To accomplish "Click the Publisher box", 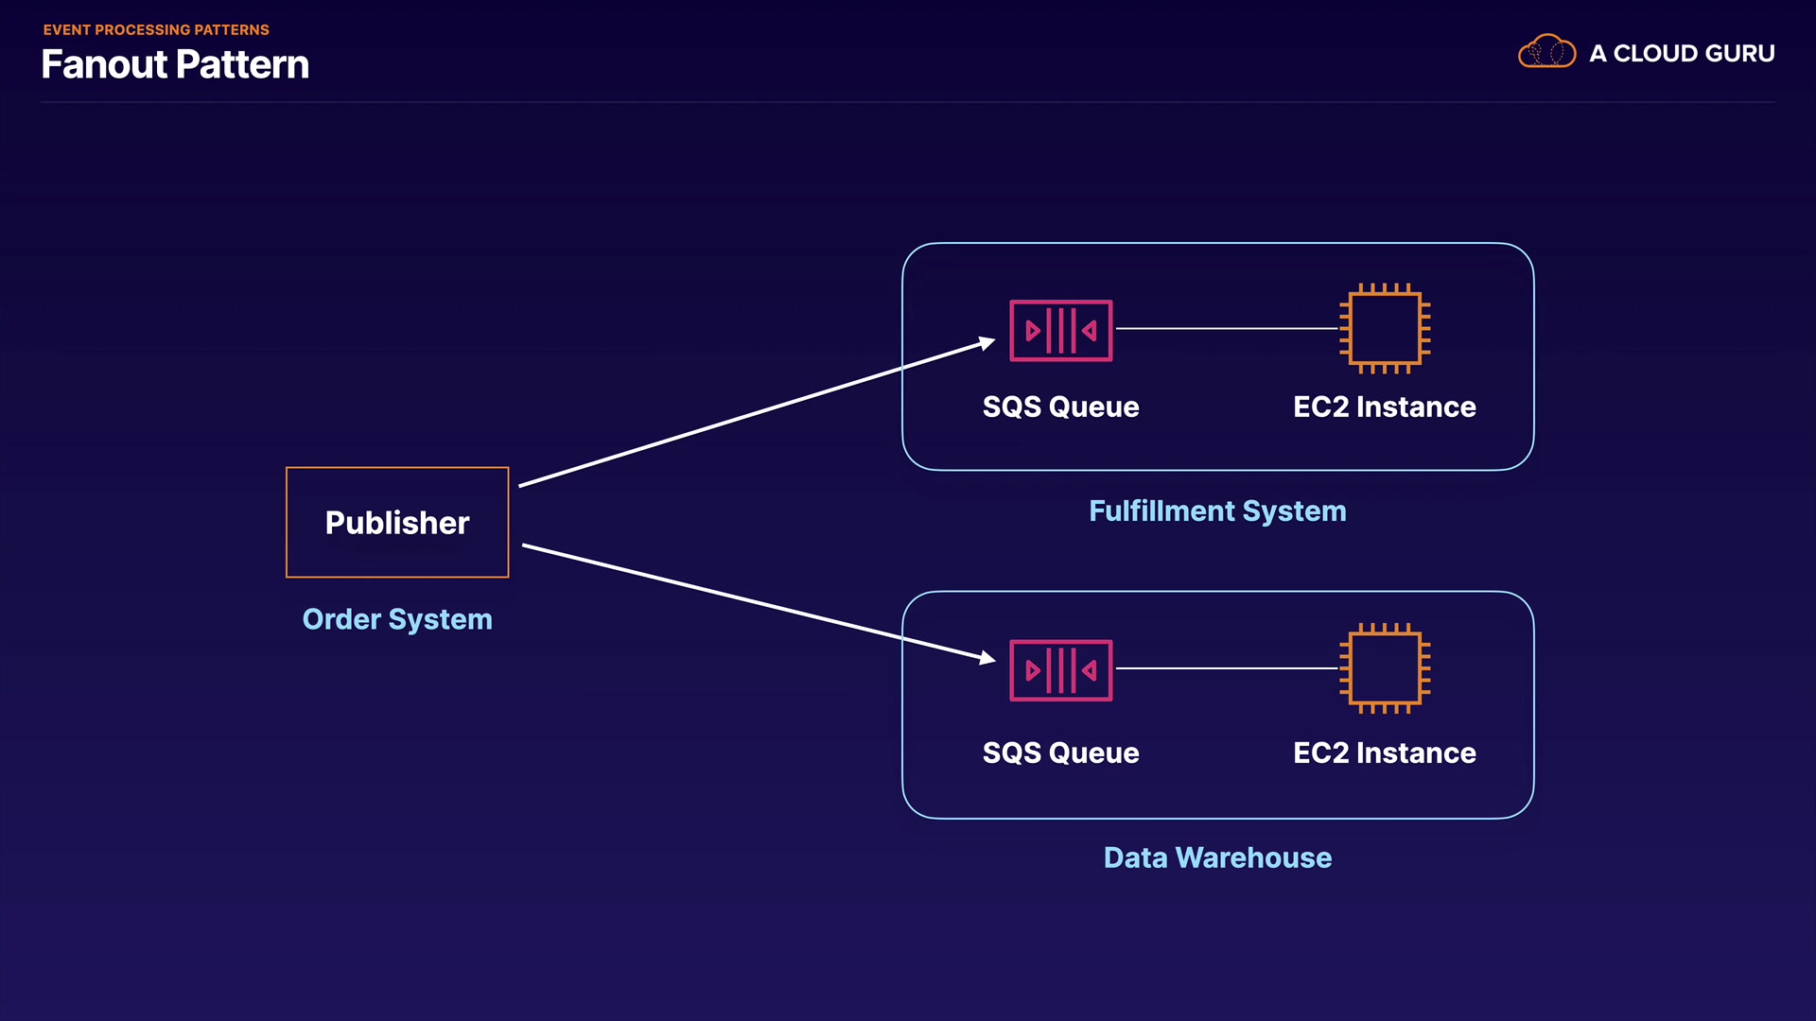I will point(397,522).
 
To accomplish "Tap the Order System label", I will point(397,619).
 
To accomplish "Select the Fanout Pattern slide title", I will point(175,64).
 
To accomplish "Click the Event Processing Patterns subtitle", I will point(156,30).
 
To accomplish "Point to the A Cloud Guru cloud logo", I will point(1546,52).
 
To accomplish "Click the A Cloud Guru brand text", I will point(1682,54).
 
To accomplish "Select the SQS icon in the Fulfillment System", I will point(1060,330).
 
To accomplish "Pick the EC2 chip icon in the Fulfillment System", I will point(1385,329).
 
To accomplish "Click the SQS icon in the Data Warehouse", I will point(1060,670).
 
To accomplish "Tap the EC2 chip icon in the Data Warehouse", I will point(1385,668).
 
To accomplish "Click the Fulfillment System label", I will point(1217,511).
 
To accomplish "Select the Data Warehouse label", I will point(1217,857).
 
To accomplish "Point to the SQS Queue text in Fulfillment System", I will point(1060,407).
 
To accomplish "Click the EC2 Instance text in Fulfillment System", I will point(1384,407).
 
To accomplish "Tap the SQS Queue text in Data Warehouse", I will point(1060,753).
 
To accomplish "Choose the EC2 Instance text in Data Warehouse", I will point(1384,753).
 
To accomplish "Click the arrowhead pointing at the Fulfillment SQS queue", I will point(987,343).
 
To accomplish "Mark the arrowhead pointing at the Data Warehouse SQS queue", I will point(987,657).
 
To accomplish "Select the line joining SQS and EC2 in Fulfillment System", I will point(1227,329).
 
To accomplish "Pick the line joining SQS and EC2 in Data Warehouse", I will point(1227,668).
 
